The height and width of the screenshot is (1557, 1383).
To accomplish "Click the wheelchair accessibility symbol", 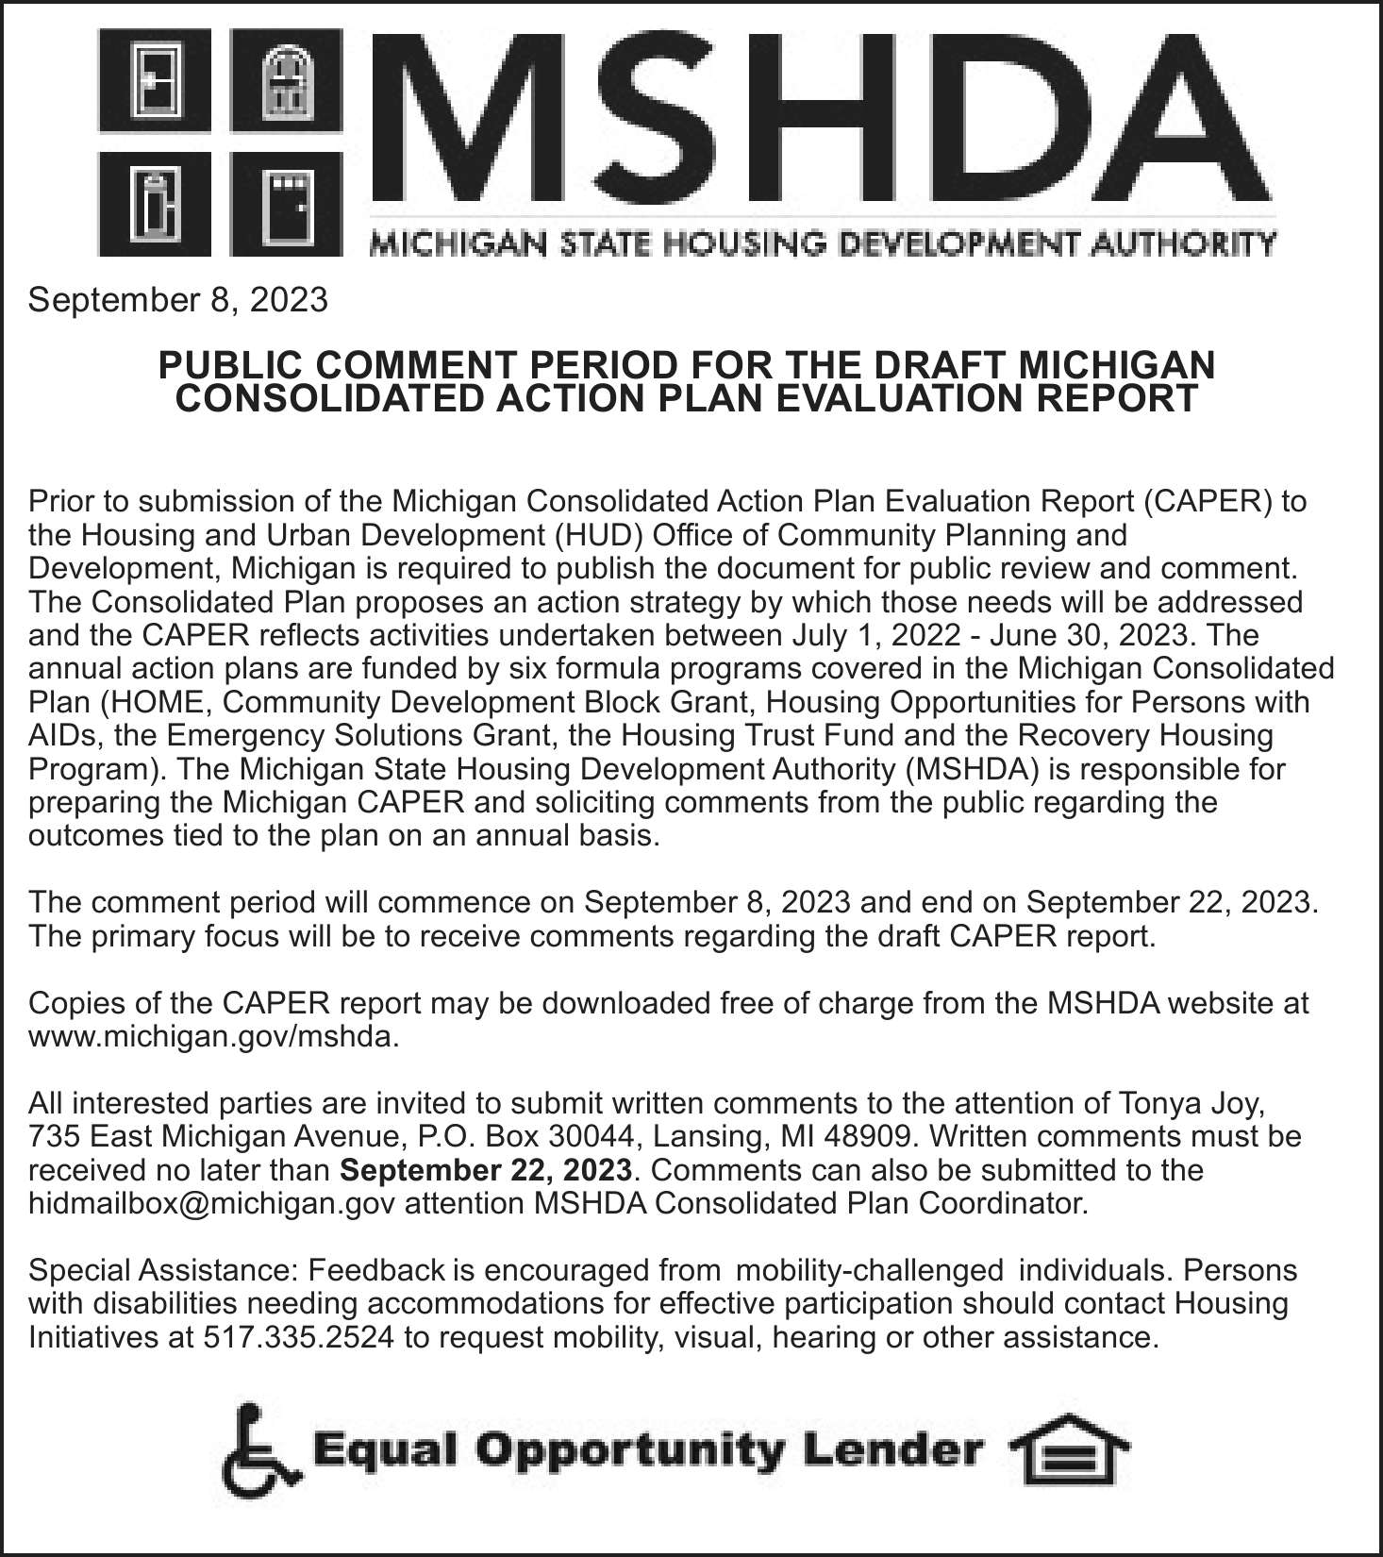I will coord(259,1450).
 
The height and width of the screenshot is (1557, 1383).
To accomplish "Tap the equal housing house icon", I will coord(1068,1450).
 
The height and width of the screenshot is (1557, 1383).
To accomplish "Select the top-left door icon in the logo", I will coord(155,80).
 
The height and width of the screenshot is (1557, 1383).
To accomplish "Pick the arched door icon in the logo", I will coord(286,80).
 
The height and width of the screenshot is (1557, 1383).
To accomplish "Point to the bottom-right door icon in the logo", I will coord(286,203).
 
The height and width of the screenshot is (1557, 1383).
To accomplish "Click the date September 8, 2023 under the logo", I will coord(178,300).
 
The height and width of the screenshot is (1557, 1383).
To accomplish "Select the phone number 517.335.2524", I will coord(299,1337).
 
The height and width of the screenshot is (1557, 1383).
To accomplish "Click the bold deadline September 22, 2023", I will coord(485,1170).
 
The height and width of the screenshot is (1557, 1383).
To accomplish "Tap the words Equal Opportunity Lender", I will coord(647,1450).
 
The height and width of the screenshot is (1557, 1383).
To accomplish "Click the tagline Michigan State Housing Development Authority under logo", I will coord(821,244).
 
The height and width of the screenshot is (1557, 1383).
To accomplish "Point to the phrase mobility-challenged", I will coord(868,1270).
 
